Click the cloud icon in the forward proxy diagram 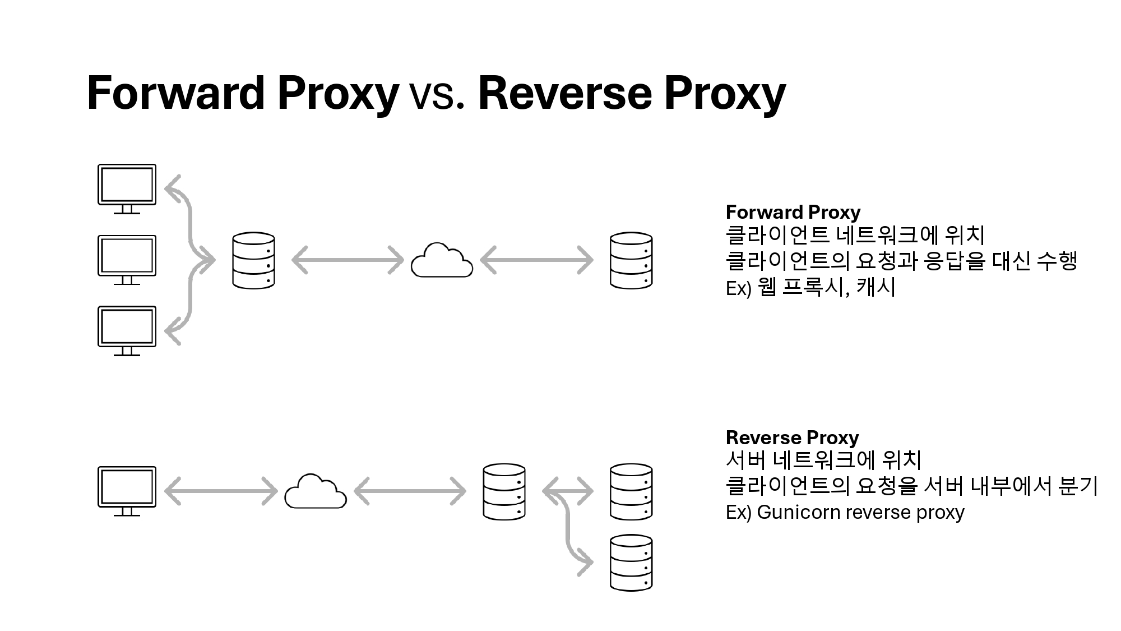[x=442, y=261]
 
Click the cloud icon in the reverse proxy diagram [x=316, y=492]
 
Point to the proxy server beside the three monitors [x=253, y=261]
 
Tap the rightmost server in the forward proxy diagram [x=631, y=261]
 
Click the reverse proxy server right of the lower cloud [x=504, y=492]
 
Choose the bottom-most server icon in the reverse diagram [x=631, y=563]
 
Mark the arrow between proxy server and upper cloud [x=348, y=260]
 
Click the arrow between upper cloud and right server [x=536, y=260]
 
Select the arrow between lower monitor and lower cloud [x=221, y=491]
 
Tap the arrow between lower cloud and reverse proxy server [x=410, y=491]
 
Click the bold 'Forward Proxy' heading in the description [x=793, y=212]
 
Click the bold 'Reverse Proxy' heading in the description [x=792, y=437]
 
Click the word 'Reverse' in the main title [x=565, y=93]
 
